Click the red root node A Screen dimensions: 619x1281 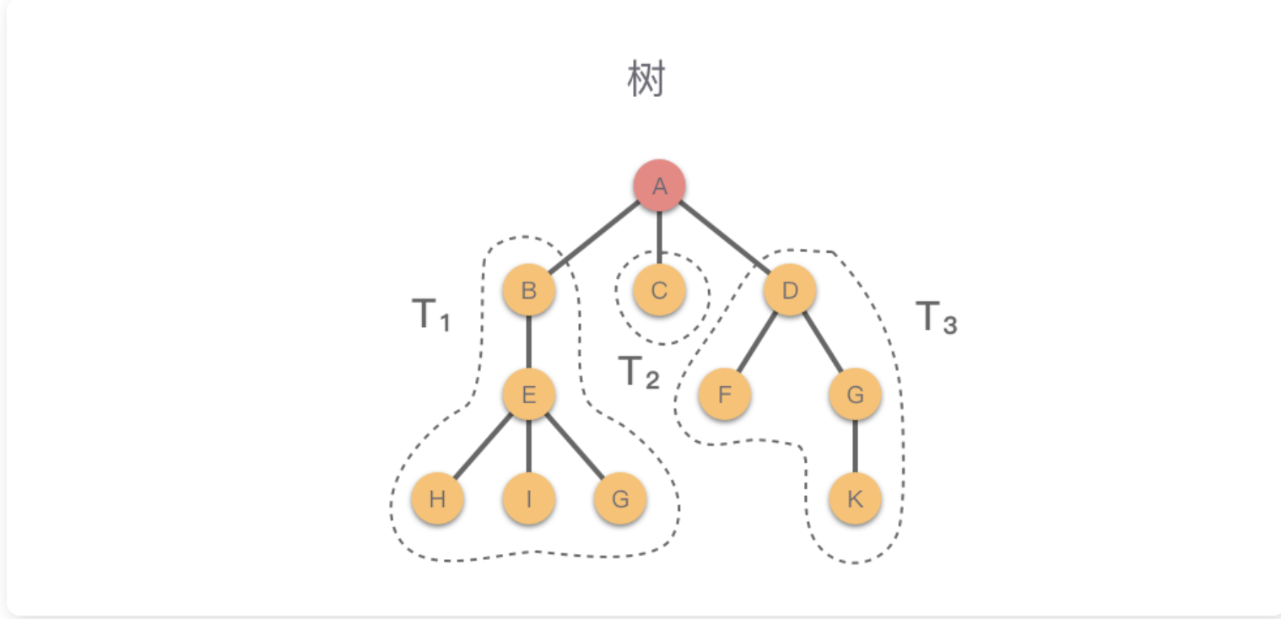point(659,186)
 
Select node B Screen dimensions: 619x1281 point(528,291)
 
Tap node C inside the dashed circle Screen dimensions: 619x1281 point(659,291)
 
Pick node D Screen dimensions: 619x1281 point(790,291)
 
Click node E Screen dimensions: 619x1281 point(528,394)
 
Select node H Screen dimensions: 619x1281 point(437,498)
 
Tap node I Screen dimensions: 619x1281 point(528,498)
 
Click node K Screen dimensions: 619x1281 point(855,498)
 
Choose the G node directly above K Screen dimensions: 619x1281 point(855,394)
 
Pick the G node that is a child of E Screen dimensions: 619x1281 point(620,498)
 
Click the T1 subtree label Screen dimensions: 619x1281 point(431,315)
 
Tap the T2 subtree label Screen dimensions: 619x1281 point(638,373)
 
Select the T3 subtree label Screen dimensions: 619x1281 point(937,318)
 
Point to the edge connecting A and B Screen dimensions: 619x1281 point(594,238)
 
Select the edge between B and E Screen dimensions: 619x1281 point(528,342)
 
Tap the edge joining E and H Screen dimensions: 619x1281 point(483,446)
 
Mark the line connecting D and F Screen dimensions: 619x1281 point(758,342)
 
